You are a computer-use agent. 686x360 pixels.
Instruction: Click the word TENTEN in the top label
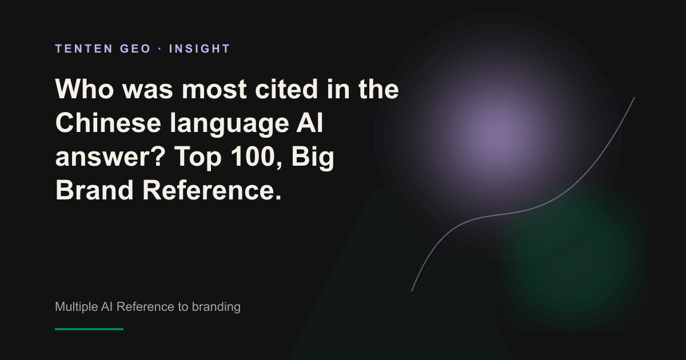pos(84,49)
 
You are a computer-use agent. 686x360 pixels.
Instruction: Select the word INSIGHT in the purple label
pos(200,49)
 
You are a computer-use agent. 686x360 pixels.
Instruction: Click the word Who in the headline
pos(85,89)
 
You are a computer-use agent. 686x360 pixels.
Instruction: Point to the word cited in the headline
pos(286,89)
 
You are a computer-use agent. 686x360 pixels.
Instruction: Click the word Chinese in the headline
pos(108,123)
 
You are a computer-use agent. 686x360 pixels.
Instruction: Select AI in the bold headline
pos(310,123)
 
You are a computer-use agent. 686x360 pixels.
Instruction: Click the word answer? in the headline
pos(110,157)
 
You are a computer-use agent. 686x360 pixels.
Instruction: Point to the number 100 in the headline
pos(253,157)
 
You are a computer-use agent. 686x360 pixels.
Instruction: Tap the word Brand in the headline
pos(94,190)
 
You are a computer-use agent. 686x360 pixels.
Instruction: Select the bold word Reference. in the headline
pos(212,190)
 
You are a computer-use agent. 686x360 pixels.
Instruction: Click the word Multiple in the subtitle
pos(76,307)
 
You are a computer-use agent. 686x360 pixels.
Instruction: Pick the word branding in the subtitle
pos(216,307)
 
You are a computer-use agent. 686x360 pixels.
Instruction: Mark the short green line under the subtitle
pos(89,329)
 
